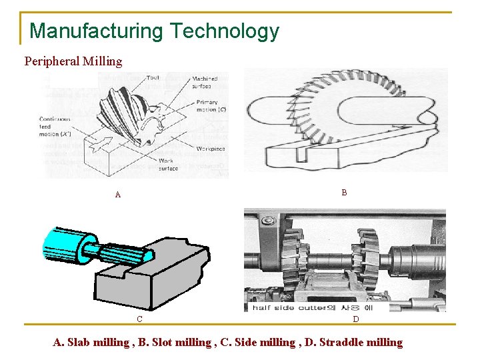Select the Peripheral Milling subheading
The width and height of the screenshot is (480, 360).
point(73,61)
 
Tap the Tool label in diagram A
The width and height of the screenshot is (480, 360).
point(153,77)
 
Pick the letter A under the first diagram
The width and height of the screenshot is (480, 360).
point(118,195)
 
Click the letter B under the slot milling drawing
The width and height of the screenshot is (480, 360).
point(344,193)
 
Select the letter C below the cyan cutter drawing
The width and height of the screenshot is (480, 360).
point(139,319)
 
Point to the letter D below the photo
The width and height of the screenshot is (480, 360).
point(355,319)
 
